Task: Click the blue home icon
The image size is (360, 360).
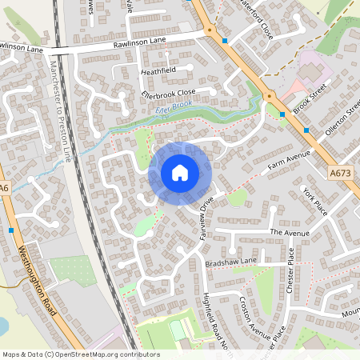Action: (x=179, y=173)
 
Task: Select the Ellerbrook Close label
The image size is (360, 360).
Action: (x=169, y=92)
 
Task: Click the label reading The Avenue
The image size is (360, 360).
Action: (x=288, y=232)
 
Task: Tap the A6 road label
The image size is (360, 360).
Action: (x=5, y=189)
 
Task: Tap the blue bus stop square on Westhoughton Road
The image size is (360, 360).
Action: (x=10, y=230)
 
